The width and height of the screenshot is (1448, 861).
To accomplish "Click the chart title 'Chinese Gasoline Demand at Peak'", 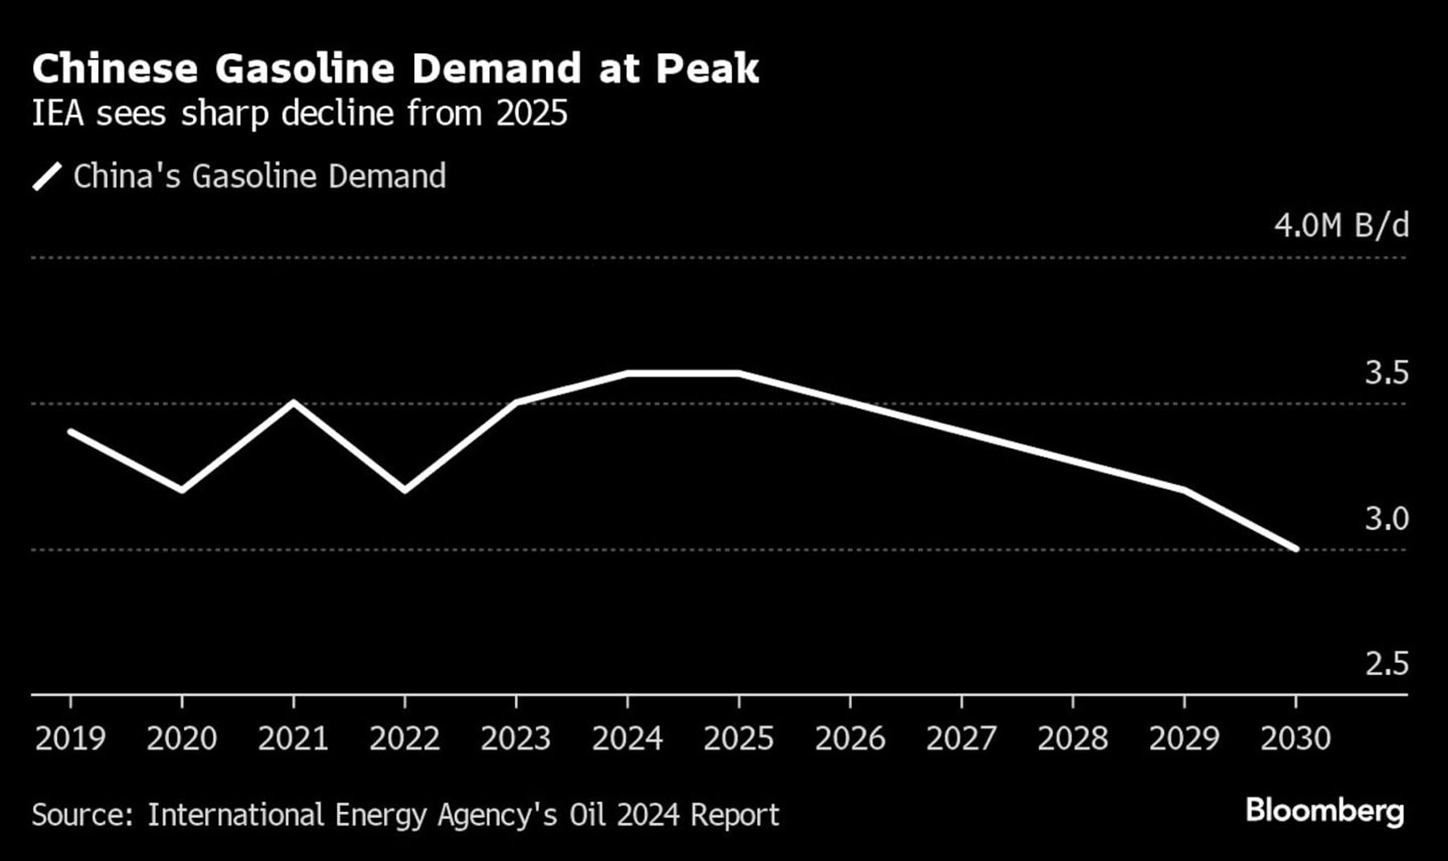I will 395,68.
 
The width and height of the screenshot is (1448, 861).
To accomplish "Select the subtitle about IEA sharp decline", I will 299,113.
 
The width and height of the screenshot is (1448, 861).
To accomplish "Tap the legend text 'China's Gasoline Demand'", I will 259,176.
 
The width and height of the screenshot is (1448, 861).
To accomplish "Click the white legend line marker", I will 47,176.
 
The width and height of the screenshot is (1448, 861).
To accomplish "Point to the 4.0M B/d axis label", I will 1341,226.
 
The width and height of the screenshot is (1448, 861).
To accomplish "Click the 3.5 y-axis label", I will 1386,373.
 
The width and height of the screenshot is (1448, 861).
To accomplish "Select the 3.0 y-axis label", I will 1386,519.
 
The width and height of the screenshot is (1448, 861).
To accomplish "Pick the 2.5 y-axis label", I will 1386,664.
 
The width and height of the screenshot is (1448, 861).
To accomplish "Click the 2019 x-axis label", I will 70,739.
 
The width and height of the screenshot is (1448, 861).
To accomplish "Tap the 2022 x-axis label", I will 404,739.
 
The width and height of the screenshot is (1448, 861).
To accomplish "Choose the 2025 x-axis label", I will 738,739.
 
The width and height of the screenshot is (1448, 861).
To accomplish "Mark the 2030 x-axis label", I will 1295,739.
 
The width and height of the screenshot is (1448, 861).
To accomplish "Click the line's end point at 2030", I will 1295,549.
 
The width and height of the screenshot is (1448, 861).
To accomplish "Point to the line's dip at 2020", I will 182,489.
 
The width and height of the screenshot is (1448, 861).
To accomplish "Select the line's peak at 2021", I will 294,402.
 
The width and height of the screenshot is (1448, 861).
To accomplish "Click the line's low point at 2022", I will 404,489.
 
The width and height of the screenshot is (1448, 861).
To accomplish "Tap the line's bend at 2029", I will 1184,489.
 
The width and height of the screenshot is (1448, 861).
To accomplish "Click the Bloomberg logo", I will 1324,811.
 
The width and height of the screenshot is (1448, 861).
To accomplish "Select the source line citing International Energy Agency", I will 405,815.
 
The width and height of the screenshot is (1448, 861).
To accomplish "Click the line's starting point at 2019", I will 71,432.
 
